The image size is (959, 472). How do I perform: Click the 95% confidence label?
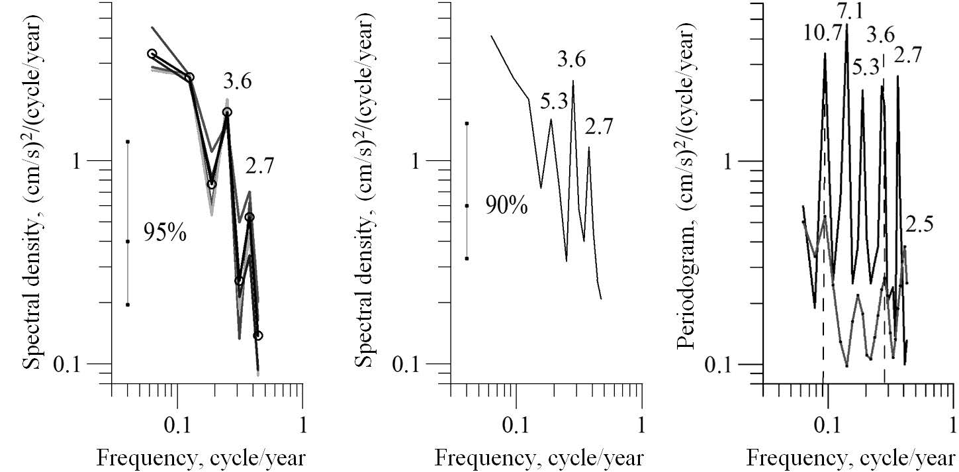point(165,233)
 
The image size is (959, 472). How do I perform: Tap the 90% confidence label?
point(506,206)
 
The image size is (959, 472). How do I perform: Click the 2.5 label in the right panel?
point(919,225)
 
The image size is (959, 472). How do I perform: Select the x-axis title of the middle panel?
point(539,458)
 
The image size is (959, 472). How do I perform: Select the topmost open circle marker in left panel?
point(152,54)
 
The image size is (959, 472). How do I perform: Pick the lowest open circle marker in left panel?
point(258,336)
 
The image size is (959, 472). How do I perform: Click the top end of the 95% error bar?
point(127,142)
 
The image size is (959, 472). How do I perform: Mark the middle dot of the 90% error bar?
point(467,206)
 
